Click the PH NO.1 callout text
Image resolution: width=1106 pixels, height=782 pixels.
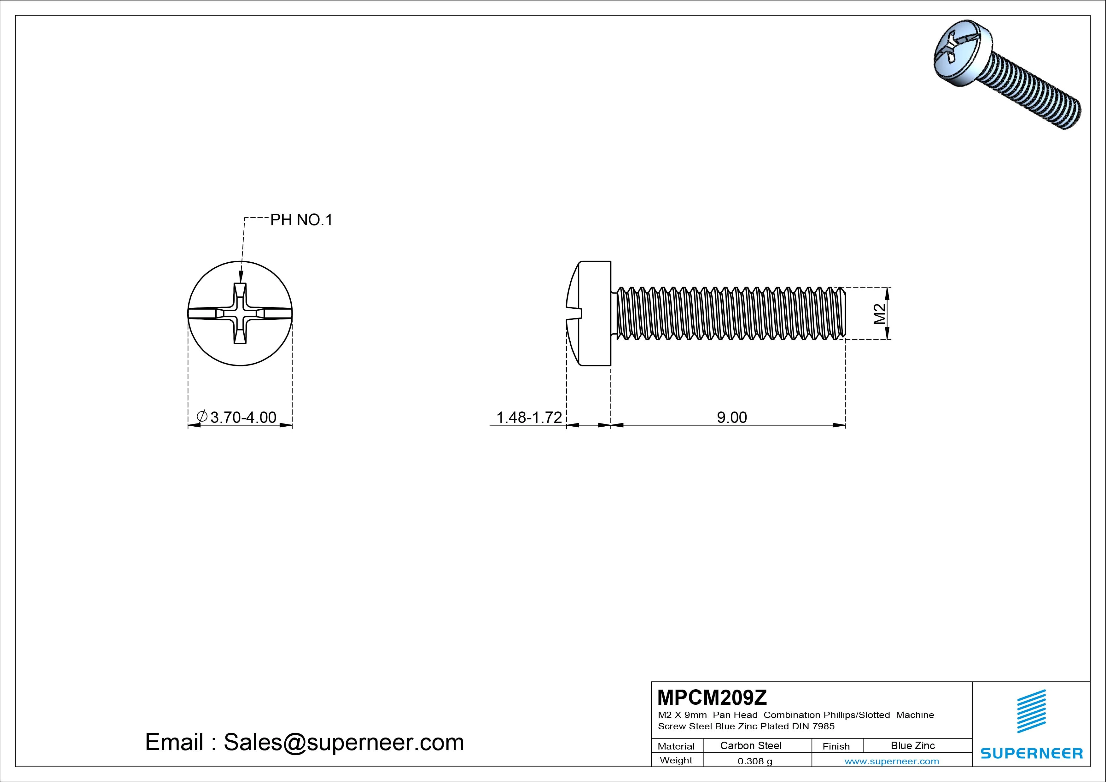pyautogui.click(x=301, y=220)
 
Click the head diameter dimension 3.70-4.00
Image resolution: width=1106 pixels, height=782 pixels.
pyautogui.click(x=237, y=417)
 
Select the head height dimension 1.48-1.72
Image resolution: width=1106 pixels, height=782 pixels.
pyautogui.click(x=529, y=417)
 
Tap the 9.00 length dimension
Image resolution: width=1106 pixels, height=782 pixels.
pyautogui.click(x=732, y=417)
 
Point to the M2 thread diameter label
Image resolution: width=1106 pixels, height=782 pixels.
pyautogui.click(x=880, y=314)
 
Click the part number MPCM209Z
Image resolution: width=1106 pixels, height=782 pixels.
pyautogui.click(x=712, y=697)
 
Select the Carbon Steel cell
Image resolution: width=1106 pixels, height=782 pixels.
pyautogui.click(x=750, y=746)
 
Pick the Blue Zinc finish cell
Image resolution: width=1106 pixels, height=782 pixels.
pyautogui.click(x=913, y=746)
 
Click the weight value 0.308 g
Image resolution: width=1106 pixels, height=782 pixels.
pyautogui.click(x=755, y=761)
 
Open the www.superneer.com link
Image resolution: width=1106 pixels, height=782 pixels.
pyautogui.click(x=892, y=761)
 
